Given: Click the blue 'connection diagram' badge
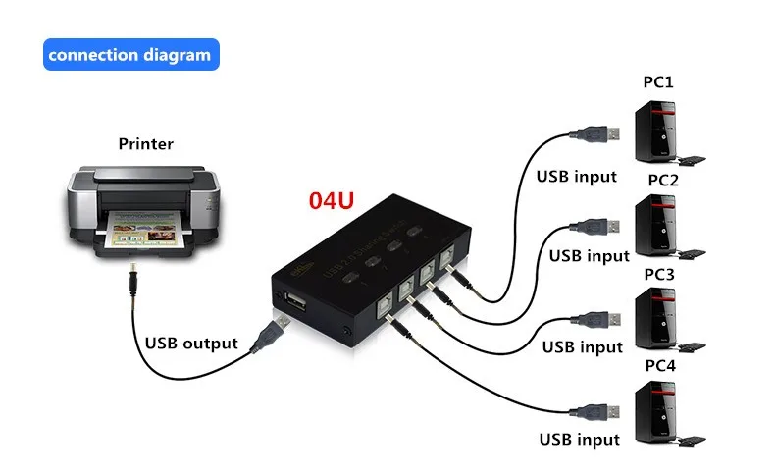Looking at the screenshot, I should (x=130, y=55).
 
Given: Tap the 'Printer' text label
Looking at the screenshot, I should (x=145, y=144).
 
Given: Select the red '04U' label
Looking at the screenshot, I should (x=331, y=202).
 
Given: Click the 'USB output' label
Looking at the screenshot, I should (x=191, y=344).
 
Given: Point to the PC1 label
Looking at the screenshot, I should (x=658, y=81).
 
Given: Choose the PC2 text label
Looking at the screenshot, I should (x=662, y=180).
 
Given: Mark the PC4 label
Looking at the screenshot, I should (x=657, y=365).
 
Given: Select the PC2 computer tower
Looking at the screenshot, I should (x=655, y=226).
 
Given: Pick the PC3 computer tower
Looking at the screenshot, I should (x=655, y=319).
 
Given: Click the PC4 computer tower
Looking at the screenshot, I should (x=655, y=412).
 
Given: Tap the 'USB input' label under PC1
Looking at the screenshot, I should (x=576, y=177).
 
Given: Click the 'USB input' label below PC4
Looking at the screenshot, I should (x=580, y=439).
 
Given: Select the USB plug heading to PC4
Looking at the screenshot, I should (x=594, y=409).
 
